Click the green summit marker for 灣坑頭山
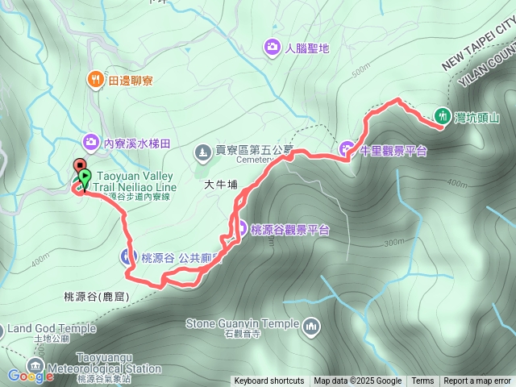tap(442, 115)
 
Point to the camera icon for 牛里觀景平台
tap(347, 149)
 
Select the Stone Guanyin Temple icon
tap(310, 326)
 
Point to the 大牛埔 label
tap(221, 185)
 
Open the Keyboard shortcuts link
tap(269, 381)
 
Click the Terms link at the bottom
tap(422, 381)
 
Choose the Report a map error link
tap(477, 381)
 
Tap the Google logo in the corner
tap(31, 375)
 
